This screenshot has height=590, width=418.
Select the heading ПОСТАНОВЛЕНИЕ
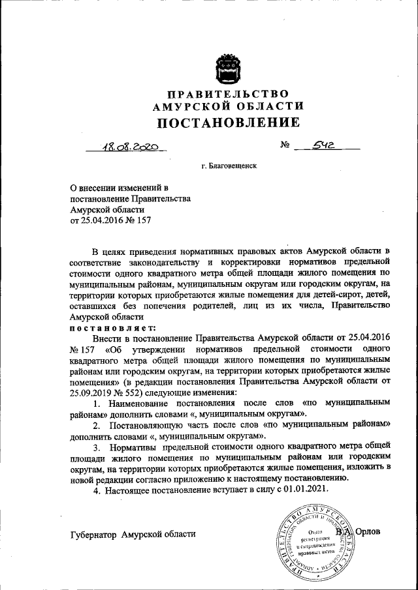point(228,122)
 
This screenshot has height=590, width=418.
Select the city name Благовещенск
point(232,166)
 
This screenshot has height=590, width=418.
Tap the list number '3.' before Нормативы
point(96,449)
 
